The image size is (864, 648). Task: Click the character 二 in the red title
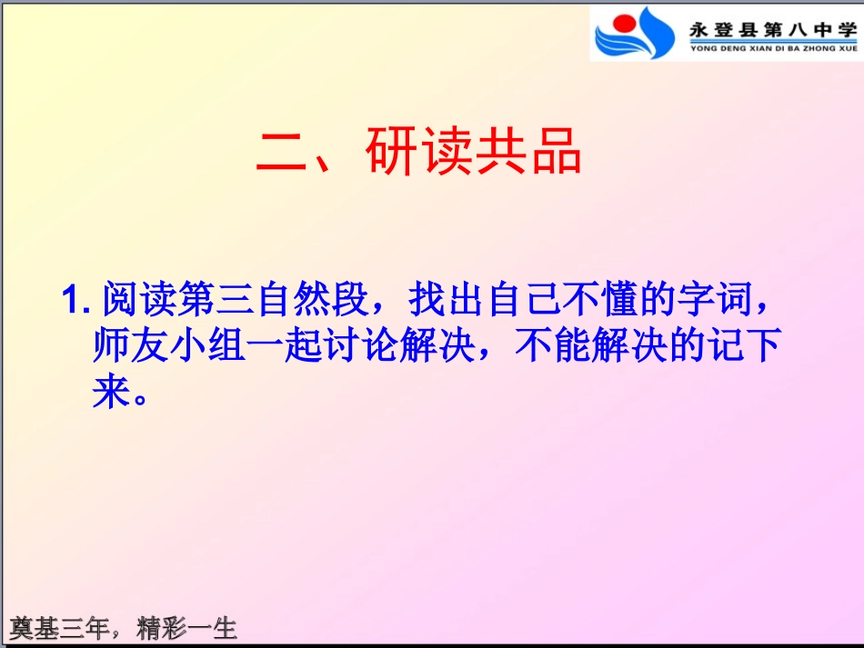(x=282, y=153)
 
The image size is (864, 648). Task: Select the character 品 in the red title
(x=555, y=153)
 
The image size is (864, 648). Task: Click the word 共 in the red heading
(x=499, y=153)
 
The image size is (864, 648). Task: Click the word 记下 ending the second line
(x=746, y=346)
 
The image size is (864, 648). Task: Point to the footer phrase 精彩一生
(x=186, y=628)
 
